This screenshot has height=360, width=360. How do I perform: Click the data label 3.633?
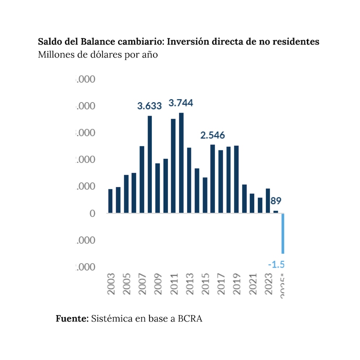149,106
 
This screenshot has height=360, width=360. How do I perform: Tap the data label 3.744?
181,103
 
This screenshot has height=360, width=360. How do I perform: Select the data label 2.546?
213,135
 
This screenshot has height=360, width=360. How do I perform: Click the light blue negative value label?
276,265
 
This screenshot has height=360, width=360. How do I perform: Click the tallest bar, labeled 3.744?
181,163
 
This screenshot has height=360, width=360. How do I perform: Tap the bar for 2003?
110,201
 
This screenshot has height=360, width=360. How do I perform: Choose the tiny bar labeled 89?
275,212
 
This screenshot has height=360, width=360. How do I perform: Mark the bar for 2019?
236,179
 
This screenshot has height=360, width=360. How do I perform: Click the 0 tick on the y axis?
92,213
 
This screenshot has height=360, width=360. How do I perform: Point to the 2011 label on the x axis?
174,284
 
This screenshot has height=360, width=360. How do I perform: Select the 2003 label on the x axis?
111,284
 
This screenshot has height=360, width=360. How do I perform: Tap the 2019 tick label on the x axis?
237,284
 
